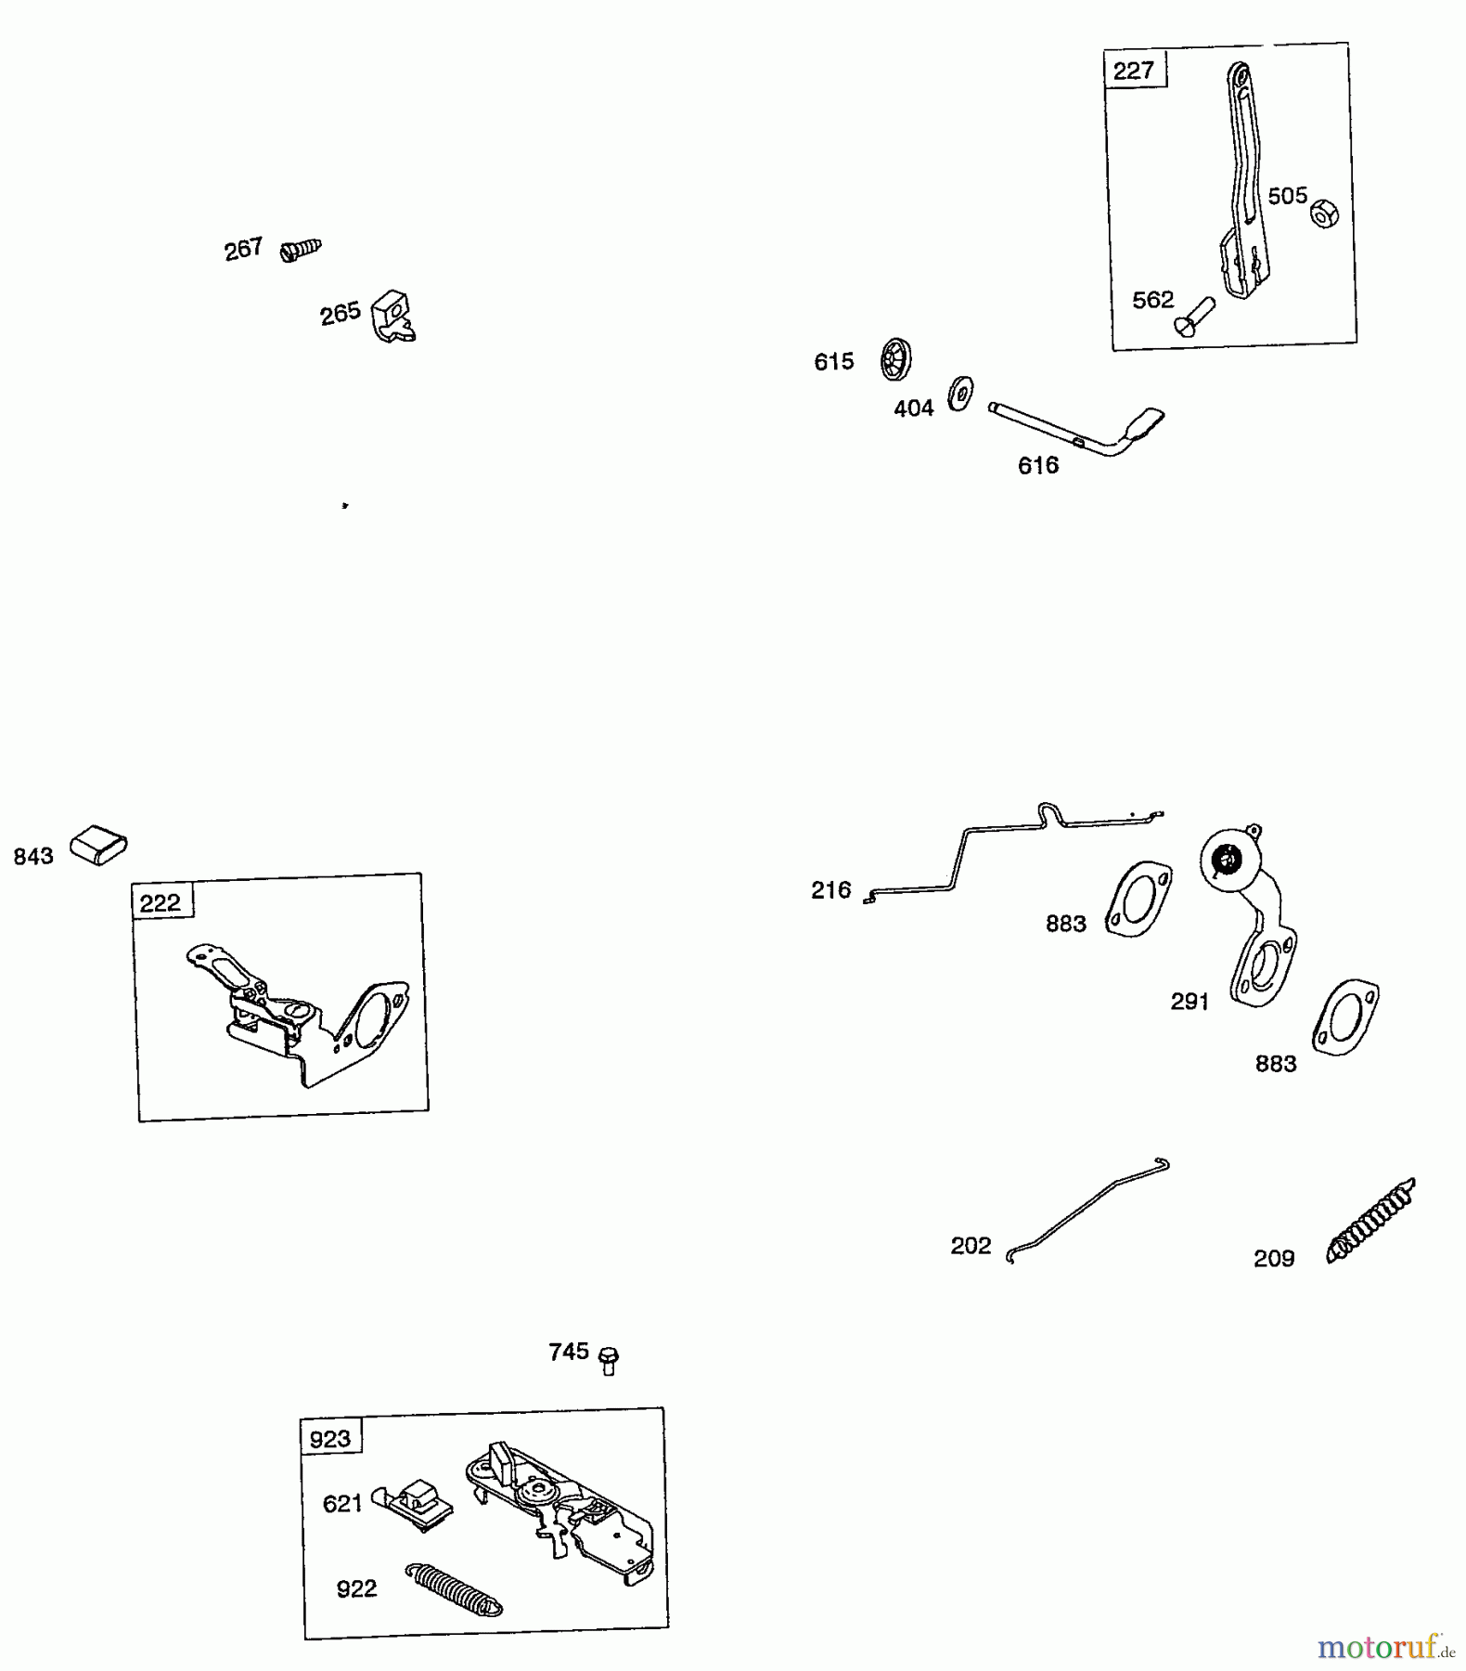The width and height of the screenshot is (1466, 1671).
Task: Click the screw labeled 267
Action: [301, 249]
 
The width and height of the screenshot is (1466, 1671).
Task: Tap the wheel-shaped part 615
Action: [895, 359]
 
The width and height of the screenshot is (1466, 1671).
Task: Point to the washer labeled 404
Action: [960, 394]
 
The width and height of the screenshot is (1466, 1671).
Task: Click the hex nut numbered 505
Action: [1324, 214]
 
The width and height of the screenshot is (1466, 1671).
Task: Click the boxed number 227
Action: [1134, 71]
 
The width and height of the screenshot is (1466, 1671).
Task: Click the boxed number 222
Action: [161, 902]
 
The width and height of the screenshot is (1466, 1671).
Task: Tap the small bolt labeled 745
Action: [609, 1360]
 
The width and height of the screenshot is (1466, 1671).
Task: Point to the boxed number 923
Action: [330, 1440]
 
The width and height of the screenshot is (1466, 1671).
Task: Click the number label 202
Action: [971, 1246]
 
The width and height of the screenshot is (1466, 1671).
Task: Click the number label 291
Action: [1190, 1002]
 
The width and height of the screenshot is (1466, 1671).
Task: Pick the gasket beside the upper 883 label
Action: [1138, 899]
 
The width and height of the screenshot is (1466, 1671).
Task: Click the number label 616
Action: [1037, 466]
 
